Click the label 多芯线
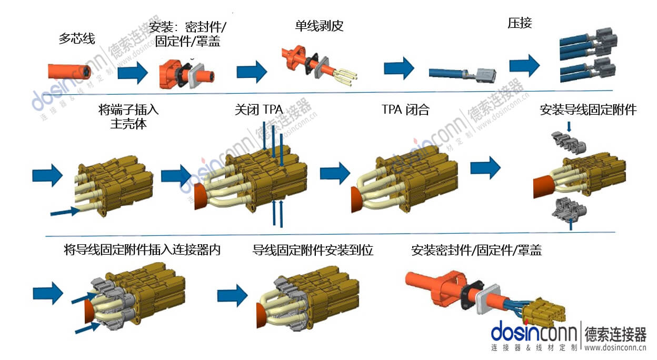[x=76, y=38]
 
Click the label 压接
[x=520, y=23]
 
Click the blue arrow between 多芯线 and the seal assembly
[x=132, y=72]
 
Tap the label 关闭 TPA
[x=258, y=110]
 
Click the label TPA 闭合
[x=405, y=110]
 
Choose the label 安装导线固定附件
[x=588, y=110]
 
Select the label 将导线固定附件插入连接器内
[x=141, y=250]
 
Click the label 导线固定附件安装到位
[x=313, y=250]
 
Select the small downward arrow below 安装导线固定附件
[x=569, y=126]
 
